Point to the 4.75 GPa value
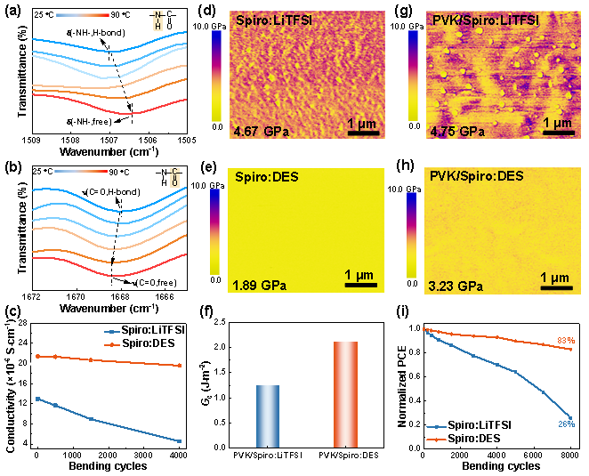tap(456, 132)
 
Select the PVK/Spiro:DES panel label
tap(476, 176)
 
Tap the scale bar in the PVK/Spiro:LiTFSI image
tap(557, 135)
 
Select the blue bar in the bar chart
tap(268, 415)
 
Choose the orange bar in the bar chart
tap(345, 393)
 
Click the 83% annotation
tap(566, 341)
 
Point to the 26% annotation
tap(566, 424)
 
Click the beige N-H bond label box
tap(158, 20)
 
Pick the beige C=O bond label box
tap(174, 178)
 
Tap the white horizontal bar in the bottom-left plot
tap(46, 363)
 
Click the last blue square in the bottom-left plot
tap(180, 441)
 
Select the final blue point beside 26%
tap(569, 415)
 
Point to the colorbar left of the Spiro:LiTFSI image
tap(216, 75)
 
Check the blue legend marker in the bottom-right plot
tap(437, 427)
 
